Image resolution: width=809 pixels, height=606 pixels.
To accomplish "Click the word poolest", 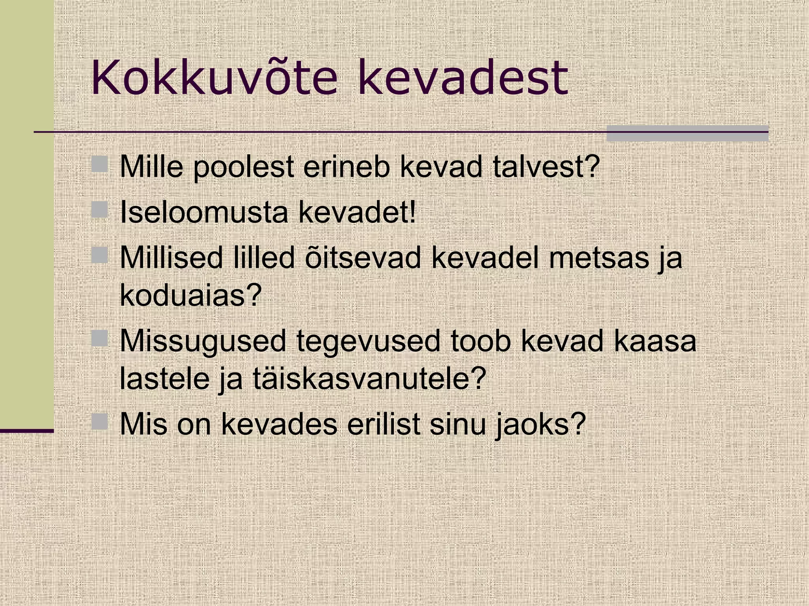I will tap(243, 167).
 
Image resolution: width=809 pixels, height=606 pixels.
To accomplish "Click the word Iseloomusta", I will tap(204, 212).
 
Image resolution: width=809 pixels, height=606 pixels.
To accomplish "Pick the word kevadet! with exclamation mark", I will tap(357, 212).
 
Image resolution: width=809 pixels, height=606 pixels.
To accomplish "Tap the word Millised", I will tap(171, 257).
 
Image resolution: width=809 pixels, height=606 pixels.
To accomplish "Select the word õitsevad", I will tap(363, 257).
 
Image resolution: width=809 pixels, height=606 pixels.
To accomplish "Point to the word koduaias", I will tap(191, 295).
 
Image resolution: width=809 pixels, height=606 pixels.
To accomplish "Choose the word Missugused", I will tap(203, 341).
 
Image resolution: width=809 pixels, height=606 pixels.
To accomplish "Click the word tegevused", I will tap(368, 341).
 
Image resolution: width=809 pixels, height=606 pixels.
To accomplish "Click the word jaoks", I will tap(540, 425).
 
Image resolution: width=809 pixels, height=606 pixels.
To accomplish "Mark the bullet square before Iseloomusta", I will tap(100, 209).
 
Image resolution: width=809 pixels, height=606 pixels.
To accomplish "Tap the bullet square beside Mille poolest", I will tap(100, 164).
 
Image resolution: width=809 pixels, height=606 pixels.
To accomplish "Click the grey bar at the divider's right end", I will tap(687, 133).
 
